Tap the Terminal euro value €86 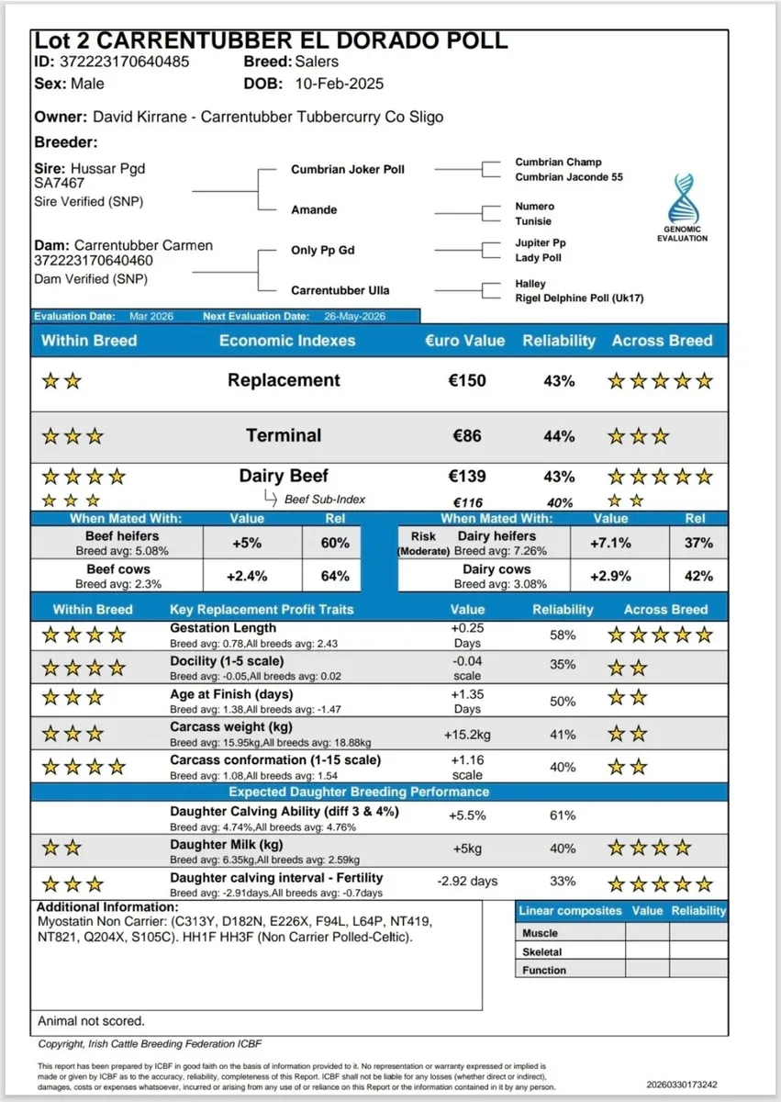(x=467, y=436)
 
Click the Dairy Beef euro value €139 (x=467, y=477)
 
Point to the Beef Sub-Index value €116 (x=467, y=502)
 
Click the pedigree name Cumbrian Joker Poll (x=347, y=170)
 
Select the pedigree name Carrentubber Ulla (x=340, y=290)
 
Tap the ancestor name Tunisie (x=534, y=221)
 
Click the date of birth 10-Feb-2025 (x=339, y=84)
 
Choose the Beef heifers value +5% (x=246, y=543)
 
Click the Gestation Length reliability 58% (x=563, y=635)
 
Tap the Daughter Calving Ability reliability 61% (x=563, y=815)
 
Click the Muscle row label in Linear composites (x=540, y=933)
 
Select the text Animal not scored (x=91, y=1020)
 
